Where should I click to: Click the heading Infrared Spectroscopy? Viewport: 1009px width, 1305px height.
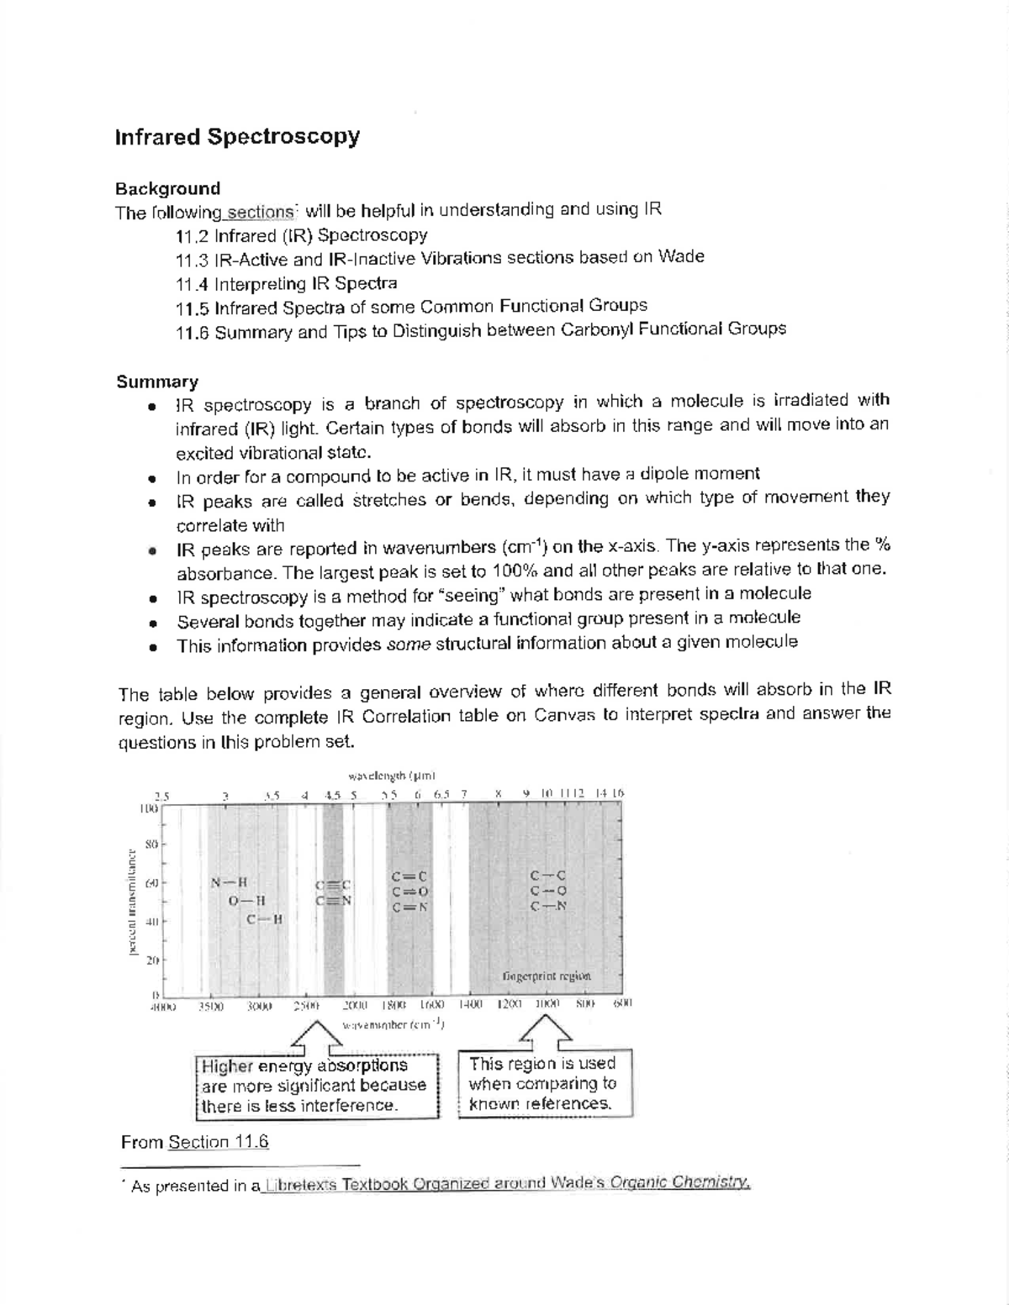237,137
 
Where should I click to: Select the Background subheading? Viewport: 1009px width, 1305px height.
167,188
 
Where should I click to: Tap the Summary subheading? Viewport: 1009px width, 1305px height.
157,382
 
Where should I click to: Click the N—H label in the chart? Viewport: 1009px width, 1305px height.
230,882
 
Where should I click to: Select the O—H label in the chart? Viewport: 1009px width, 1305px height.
247,901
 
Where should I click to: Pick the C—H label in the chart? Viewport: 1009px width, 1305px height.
265,919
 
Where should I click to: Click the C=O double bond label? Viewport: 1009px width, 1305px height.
410,892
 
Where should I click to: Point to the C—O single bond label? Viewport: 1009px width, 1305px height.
548,891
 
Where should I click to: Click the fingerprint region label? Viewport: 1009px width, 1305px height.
547,976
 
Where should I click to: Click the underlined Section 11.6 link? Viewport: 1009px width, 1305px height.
218,1142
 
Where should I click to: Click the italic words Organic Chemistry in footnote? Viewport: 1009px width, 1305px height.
679,1184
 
